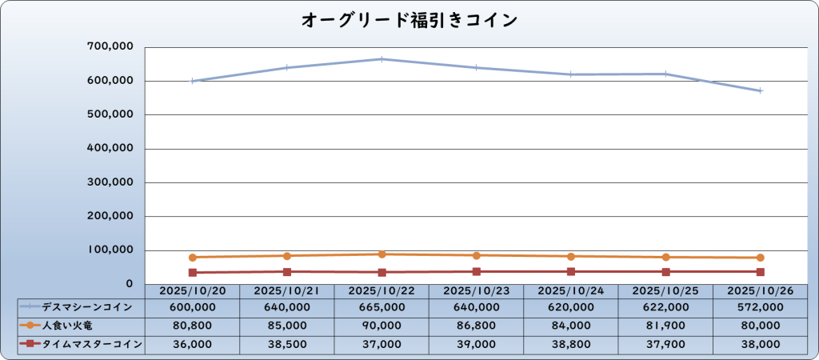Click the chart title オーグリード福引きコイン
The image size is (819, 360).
coord(409,19)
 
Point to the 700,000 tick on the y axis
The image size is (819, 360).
coord(110,47)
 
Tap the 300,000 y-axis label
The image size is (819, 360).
coord(110,182)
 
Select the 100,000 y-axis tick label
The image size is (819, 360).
coord(110,250)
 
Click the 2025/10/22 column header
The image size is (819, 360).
coord(382,290)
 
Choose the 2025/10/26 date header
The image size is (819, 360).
coord(760,290)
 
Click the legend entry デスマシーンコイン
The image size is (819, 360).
coord(82,307)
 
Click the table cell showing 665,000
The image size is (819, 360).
coord(382,307)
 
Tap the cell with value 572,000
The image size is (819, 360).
coord(760,307)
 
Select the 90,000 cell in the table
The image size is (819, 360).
coord(382,326)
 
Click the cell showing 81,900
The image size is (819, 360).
coord(665,326)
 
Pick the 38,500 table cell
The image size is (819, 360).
coord(286,344)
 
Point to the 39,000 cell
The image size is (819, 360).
coord(476,344)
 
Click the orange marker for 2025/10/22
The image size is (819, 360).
coord(382,254)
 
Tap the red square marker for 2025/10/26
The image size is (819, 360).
coord(760,272)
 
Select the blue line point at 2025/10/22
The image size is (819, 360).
coord(382,59)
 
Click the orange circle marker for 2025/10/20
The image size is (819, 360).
coord(193,258)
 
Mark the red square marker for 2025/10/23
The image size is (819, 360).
coord(476,272)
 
